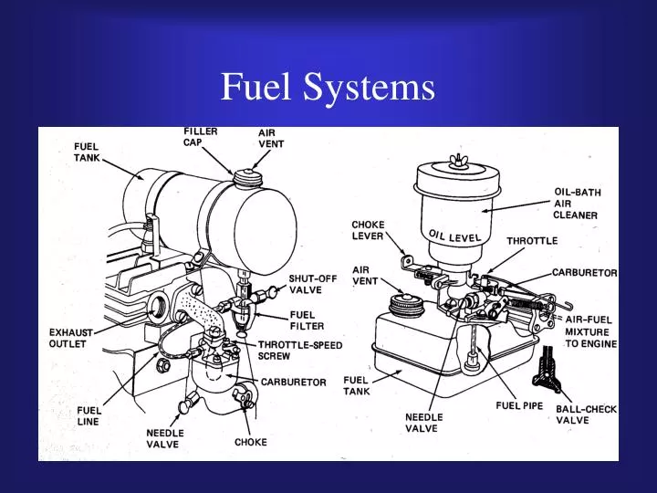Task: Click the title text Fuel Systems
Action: (x=328, y=88)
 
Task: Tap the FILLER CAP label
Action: (x=200, y=136)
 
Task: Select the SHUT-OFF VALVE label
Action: (x=313, y=284)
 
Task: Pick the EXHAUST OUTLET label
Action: (x=68, y=338)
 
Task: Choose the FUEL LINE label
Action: (x=89, y=415)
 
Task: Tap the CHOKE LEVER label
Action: (x=369, y=229)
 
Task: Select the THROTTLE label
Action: (x=531, y=240)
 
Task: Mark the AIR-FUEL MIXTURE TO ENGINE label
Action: (x=590, y=331)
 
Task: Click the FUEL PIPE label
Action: (x=520, y=404)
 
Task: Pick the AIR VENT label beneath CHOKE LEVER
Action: (x=366, y=275)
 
